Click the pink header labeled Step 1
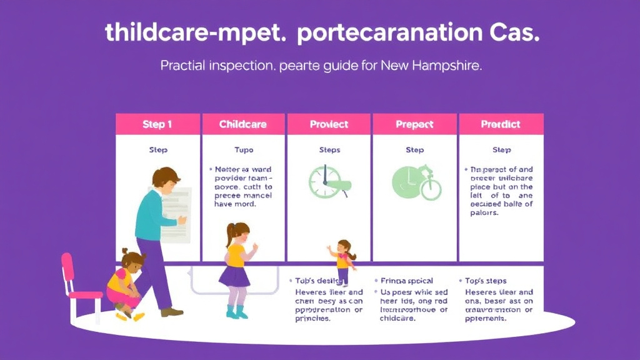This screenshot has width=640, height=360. (157, 124)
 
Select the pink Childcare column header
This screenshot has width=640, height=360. (243, 124)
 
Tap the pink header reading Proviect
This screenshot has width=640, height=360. (329, 124)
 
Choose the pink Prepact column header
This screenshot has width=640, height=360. (414, 124)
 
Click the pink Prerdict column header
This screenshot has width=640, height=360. (501, 124)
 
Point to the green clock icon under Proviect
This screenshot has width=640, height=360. (326, 182)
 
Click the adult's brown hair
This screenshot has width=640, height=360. (166, 178)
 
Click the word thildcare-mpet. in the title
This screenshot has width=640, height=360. (196, 33)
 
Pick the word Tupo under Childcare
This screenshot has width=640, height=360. (243, 150)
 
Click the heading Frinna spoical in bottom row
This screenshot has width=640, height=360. (407, 281)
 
